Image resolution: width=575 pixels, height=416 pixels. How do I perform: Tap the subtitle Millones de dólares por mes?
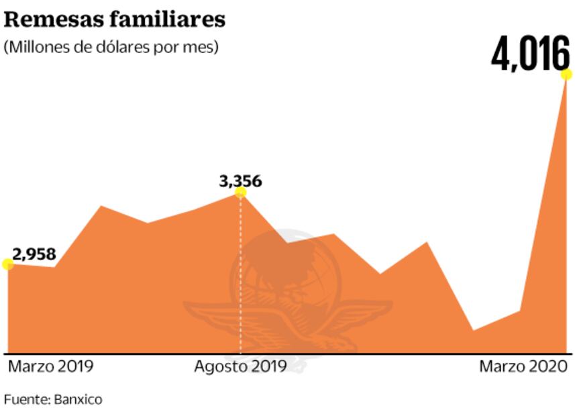[x=111, y=48]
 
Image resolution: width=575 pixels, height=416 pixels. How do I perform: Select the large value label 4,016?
[x=530, y=55]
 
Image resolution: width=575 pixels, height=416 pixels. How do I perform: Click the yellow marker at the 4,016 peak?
[x=566, y=74]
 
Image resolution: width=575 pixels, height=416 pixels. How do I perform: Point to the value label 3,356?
[x=240, y=180]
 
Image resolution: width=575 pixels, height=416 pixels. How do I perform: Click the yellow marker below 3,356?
[x=240, y=193]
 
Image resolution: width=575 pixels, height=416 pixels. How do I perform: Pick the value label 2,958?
[x=34, y=254]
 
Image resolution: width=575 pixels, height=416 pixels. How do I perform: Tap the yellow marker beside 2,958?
[x=7, y=264]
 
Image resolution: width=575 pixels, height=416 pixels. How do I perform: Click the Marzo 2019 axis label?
[x=50, y=366]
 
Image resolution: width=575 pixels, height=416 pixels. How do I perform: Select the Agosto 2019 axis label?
[x=240, y=366]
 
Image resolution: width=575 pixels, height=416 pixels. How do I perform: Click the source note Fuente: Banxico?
[x=53, y=399]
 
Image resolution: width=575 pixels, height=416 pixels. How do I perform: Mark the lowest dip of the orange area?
[x=474, y=330]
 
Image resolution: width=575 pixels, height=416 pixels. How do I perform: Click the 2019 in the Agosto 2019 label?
[x=267, y=366]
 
